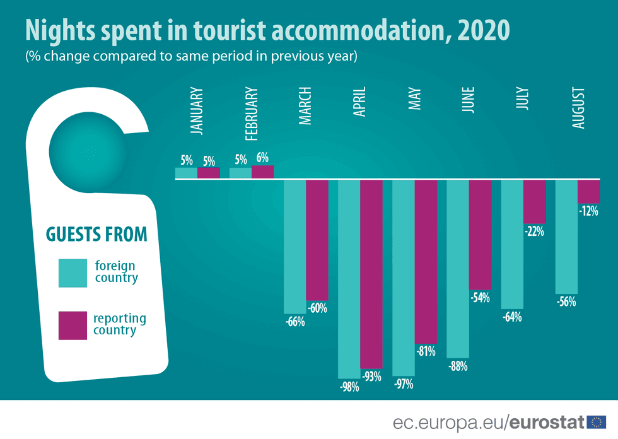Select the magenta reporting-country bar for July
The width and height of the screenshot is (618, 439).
534,202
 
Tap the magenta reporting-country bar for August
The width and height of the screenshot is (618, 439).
588,191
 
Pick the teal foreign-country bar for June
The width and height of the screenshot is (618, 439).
458,269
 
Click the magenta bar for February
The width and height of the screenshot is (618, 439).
263,172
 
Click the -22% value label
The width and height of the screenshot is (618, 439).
534,231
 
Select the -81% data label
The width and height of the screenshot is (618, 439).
426,351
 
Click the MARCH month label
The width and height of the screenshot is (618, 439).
305,107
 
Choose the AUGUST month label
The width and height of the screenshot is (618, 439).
578,108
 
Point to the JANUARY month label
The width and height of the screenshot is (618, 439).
197,111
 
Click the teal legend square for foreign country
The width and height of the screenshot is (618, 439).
73,273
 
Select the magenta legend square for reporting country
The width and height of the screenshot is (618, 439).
73,325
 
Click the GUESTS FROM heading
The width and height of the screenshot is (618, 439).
96,234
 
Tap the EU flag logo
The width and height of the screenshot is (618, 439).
596,422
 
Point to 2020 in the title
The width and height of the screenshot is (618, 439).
484,30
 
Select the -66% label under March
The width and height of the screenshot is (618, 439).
294,322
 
